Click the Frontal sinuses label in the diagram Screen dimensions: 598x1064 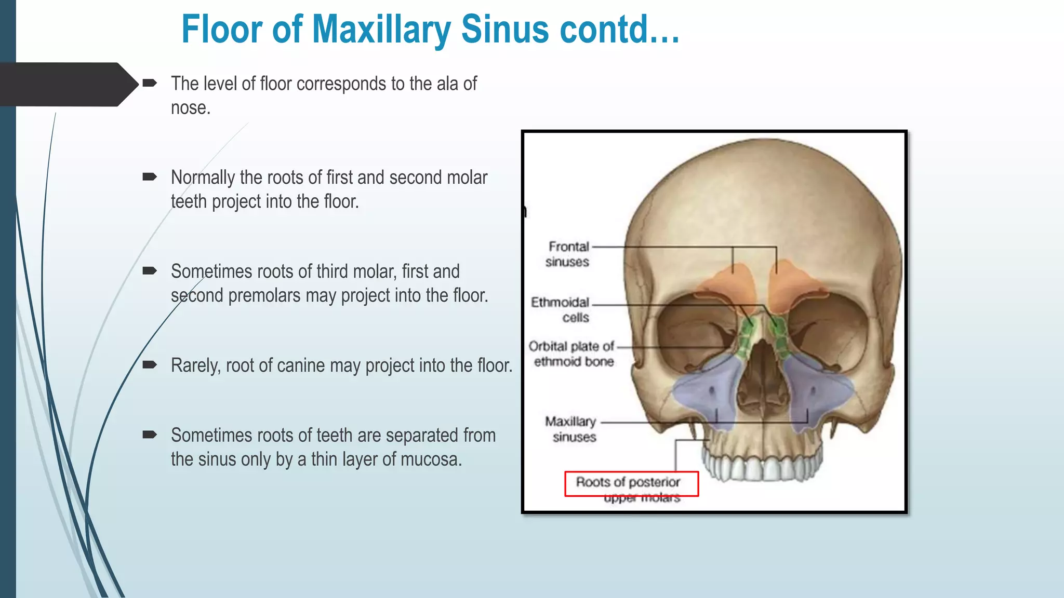click(568, 254)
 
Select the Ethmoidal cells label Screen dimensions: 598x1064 click(561, 309)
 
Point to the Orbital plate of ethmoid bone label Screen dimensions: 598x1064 click(572, 354)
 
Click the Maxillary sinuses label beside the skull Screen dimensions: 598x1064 click(571, 429)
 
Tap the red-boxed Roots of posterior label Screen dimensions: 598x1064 click(629, 482)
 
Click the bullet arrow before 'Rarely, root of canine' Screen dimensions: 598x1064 click(150, 364)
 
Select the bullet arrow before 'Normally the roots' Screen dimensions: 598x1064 click(150, 177)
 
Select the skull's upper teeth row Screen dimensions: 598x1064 click(762, 467)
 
